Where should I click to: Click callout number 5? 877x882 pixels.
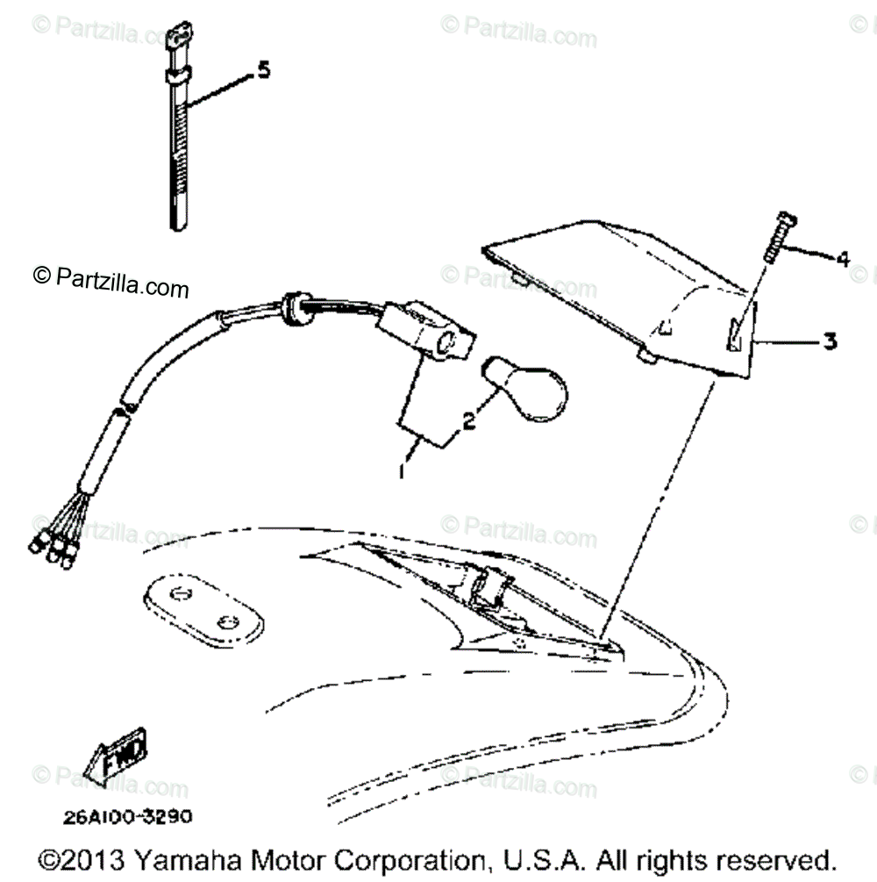261,71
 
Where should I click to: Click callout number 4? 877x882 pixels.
842,259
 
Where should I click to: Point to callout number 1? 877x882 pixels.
401,471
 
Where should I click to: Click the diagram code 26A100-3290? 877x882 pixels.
127,815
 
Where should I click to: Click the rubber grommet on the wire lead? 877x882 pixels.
290,307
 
